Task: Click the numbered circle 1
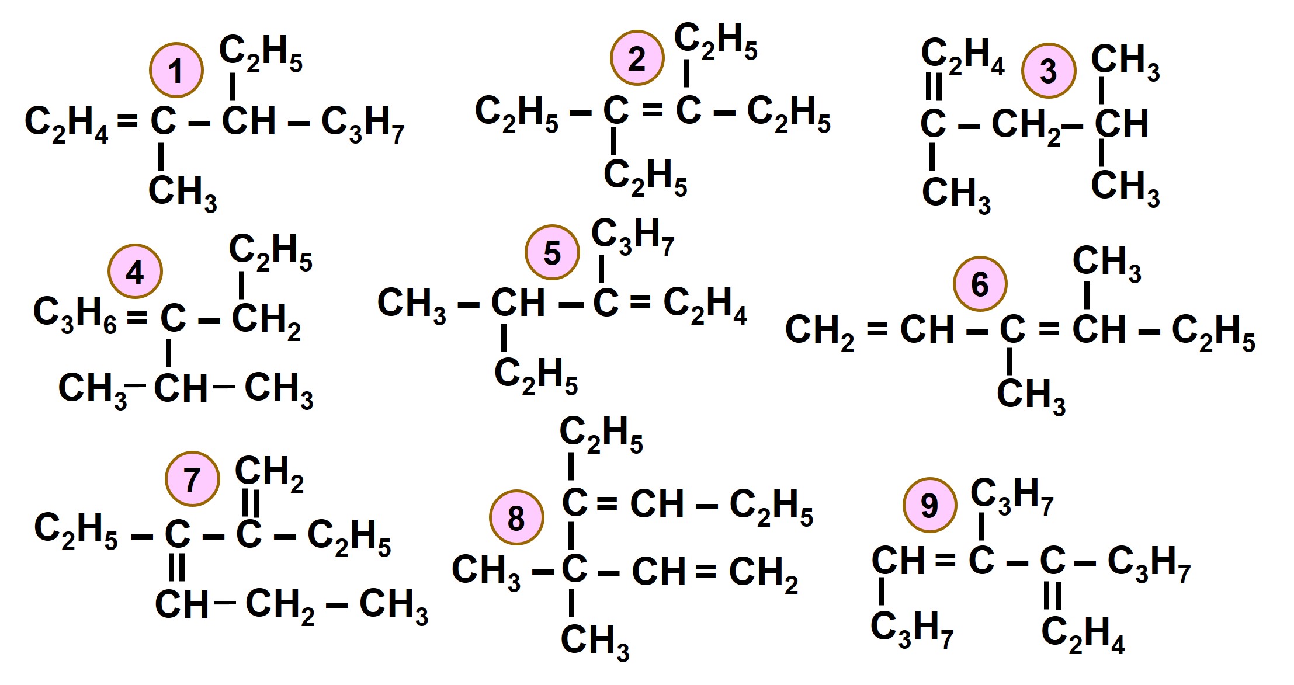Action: click(176, 70)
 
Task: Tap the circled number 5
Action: click(552, 252)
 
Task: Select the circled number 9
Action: click(929, 505)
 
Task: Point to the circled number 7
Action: click(192, 479)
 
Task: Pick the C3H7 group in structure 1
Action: click(362, 124)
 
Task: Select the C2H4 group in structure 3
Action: click(962, 55)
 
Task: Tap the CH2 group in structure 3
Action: click(1026, 126)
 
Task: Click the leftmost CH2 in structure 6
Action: click(819, 332)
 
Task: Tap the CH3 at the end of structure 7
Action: click(393, 606)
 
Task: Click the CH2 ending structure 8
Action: click(763, 573)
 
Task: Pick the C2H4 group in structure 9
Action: click(1083, 634)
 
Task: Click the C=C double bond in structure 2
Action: click(652, 110)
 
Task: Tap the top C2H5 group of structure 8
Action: click(601, 434)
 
